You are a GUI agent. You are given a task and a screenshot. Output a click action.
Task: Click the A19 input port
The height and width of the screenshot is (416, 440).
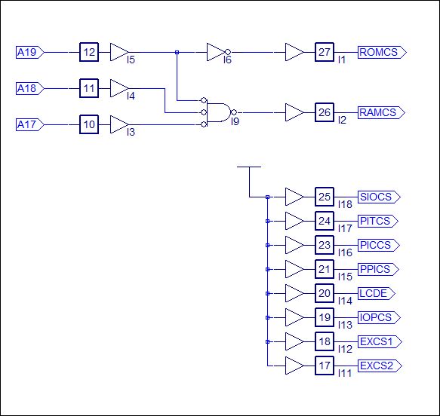(x=29, y=52)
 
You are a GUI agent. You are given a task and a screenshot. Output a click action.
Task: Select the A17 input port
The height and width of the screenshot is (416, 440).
(x=29, y=124)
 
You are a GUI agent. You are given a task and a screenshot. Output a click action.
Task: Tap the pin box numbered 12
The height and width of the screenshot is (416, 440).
(x=89, y=52)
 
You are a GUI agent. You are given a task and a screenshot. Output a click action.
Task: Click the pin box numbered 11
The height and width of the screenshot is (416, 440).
(x=89, y=88)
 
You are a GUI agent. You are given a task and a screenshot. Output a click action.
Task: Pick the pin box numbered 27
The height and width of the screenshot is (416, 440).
(x=325, y=52)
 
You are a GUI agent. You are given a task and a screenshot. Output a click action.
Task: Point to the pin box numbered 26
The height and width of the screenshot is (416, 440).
(x=325, y=112)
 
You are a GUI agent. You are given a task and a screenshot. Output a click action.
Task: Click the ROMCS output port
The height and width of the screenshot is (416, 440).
(x=382, y=52)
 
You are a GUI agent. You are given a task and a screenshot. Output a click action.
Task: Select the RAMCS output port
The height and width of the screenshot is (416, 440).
(x=381, y=112)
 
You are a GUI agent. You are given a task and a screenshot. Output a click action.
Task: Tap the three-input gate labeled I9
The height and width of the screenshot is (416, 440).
(x=219, y=112)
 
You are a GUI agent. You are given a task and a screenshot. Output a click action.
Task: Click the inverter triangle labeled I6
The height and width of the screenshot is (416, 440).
(x=218, y=52)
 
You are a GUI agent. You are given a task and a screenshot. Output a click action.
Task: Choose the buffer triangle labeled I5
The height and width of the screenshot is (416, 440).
(x=119, y=52)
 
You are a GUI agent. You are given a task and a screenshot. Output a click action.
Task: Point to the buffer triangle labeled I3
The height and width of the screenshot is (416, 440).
(x=119, y=124)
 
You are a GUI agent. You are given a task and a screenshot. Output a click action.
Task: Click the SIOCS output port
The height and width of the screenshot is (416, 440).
(x=379, y=197)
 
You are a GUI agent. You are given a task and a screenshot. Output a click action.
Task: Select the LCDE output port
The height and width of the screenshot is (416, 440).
(x=377, y=293)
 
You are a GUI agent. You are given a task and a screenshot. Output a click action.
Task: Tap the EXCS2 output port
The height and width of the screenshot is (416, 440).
(x=380, y=366)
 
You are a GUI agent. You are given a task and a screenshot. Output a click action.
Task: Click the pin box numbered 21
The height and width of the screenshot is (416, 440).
(x=325, y=269)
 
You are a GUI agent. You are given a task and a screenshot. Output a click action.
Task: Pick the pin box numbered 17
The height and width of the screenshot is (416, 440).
(x=325, y=366)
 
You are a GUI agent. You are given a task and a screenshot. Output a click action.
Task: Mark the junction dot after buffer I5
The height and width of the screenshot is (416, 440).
(x=177, y=52)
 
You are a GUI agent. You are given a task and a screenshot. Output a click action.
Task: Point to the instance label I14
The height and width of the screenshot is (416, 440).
(x=345, y=301)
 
